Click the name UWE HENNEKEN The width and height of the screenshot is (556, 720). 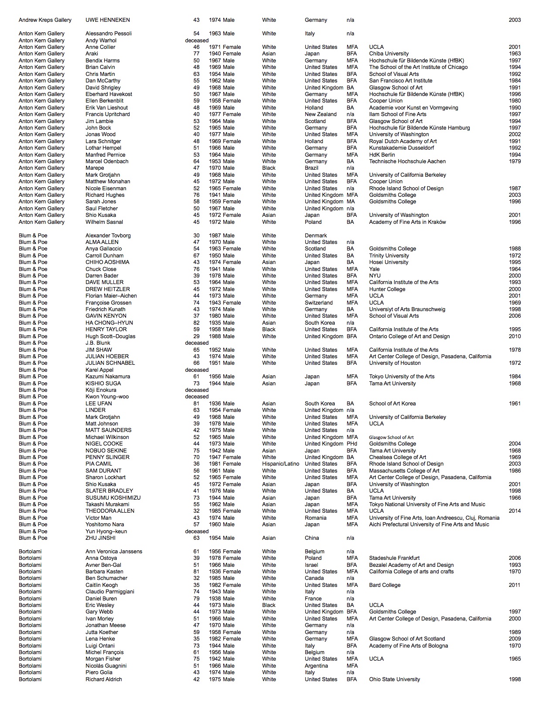click(108, 20)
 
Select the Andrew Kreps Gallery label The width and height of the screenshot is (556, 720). click(45, 20)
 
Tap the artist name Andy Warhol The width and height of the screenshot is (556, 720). click(101, 41)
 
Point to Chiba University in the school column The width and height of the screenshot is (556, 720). click(389, 54)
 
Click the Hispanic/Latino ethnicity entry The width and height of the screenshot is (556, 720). click(280, 464)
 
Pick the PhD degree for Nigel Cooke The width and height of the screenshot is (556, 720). click(351, 444)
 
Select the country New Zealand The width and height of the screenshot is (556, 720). click(321, 114)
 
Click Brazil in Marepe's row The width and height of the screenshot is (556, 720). click(312, 168)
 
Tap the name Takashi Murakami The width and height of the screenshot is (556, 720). click(107, 504)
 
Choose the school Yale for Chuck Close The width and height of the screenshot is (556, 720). click(374, 269)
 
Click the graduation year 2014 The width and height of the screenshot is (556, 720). click(515, 511)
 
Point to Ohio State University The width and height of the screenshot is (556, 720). click(394, 679)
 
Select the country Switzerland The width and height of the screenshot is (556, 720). click(318, 303)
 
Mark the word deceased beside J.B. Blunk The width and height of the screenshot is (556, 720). click(197, 343)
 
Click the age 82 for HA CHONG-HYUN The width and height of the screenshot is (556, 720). click(196, 323)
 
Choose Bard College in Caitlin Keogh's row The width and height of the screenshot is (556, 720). click(385, 585)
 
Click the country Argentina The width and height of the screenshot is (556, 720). click(316, 666)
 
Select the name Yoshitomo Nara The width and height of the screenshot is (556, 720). click(105, 525)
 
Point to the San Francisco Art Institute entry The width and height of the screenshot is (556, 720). click(400, 81)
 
